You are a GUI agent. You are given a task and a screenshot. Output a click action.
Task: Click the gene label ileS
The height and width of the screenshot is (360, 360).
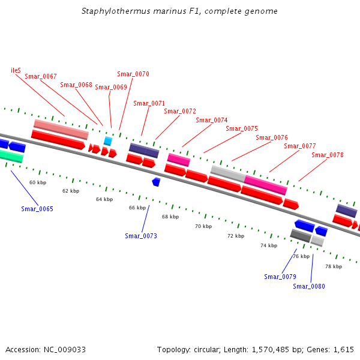(16, 70)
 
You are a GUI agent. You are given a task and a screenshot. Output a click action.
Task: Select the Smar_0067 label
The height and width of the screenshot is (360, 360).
(40, 76)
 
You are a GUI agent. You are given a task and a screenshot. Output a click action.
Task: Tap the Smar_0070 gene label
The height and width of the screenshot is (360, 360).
(133, 74)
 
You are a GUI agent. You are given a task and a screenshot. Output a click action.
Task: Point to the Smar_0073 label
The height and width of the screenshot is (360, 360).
(141, 236)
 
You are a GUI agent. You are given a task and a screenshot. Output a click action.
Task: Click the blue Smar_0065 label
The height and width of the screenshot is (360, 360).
(37, 209)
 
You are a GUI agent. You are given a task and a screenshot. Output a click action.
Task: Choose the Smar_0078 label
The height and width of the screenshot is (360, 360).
(328, 155)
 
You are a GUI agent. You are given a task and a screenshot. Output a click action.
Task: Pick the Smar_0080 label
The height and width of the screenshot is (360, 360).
(309, 286)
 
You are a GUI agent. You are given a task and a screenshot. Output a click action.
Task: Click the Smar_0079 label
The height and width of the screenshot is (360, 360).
(280, 277)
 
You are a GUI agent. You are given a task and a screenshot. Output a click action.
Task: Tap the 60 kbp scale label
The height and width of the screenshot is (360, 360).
(38, 182)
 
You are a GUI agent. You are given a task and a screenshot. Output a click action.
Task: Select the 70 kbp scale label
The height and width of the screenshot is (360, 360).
(203, 226)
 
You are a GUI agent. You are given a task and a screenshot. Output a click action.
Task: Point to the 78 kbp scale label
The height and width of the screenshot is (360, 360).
(334, 266)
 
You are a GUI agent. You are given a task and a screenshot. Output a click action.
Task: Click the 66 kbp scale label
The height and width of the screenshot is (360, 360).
(137, 208)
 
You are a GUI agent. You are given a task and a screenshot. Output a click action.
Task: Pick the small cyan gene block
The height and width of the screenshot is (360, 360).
(108, 141)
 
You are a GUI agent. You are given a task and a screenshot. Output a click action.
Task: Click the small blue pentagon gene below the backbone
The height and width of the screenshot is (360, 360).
(156, 181)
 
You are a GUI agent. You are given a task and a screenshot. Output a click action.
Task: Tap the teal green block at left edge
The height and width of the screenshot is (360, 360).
(11, 157)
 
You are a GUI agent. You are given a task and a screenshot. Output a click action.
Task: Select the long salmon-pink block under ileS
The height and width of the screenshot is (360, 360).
(61, 129)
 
